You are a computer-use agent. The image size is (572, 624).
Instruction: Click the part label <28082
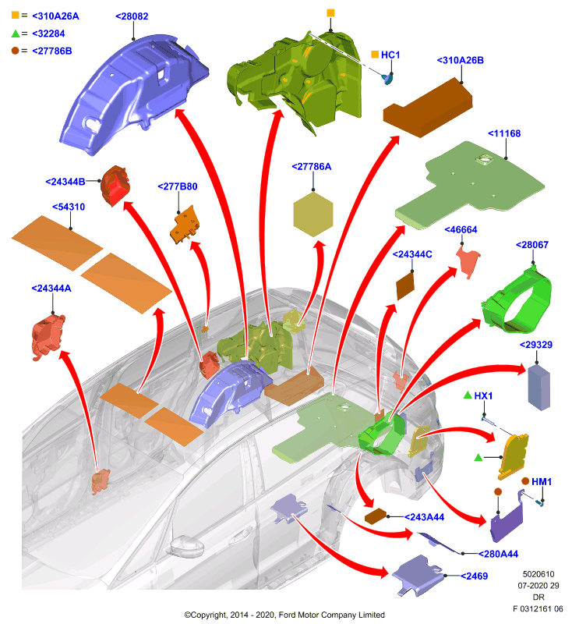pyautogui.click(x=132, y=16)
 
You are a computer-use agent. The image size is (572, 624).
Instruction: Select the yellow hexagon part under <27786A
pyautogui.click(x=312, y=214)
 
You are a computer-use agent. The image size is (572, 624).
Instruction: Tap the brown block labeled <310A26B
pyautogui.click(x=428, y=108)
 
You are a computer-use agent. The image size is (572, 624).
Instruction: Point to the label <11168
pyautogui.click(x=504, y=133)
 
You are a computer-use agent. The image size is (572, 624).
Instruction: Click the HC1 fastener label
pyautogui.click(x=390, y=55)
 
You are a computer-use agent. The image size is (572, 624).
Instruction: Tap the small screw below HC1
pyautogui.click(x=387, y=79)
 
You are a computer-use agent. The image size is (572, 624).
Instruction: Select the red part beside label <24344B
pyautogui.click(x=115, y=186)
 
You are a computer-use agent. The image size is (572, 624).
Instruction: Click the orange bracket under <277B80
pyautogui.click(x=185, y=225)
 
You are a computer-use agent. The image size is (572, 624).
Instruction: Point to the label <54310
pyautogui.click(x=69, y=207)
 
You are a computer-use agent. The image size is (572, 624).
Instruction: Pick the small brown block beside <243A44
pyautogui.click(x=376, y=516)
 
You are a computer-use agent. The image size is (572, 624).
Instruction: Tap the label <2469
pyautogui.click(x=474, y=576)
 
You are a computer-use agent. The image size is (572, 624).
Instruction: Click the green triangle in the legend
pyautogui.click(x=16, y=34)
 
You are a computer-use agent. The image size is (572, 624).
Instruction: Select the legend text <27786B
pyautogui.click(x=51, y=51)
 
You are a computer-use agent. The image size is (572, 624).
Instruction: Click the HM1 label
pyautogui.click(x=542, y=481)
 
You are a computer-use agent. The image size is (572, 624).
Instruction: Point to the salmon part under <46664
pyautogui.click(x=468, y=261)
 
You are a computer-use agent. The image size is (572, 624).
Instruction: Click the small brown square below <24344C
pyautogui.click(x=405, y=285)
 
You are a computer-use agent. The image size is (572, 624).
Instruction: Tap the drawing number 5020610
pyautogui.click(x=538, y=574)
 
